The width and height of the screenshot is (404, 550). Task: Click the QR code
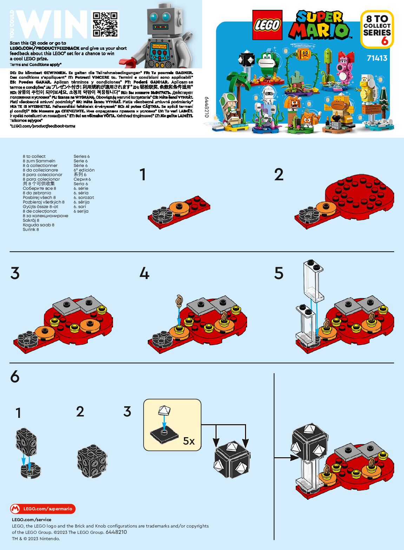105,24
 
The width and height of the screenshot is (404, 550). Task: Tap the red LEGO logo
267,25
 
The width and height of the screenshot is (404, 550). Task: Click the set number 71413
377,58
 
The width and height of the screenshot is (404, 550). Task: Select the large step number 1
143,175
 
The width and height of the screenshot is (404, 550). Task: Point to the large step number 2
279,175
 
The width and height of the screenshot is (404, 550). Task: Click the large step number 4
144,273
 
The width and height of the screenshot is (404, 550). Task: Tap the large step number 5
279,273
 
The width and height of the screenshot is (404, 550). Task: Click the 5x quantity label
189,441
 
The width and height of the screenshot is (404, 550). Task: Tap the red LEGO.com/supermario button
43,509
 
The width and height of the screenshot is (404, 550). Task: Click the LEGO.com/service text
32,519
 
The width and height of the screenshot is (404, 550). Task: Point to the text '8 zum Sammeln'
39,161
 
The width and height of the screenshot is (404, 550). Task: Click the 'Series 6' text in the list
81,156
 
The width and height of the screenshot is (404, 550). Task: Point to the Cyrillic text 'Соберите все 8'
39,188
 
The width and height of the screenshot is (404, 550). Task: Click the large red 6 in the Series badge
385,41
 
